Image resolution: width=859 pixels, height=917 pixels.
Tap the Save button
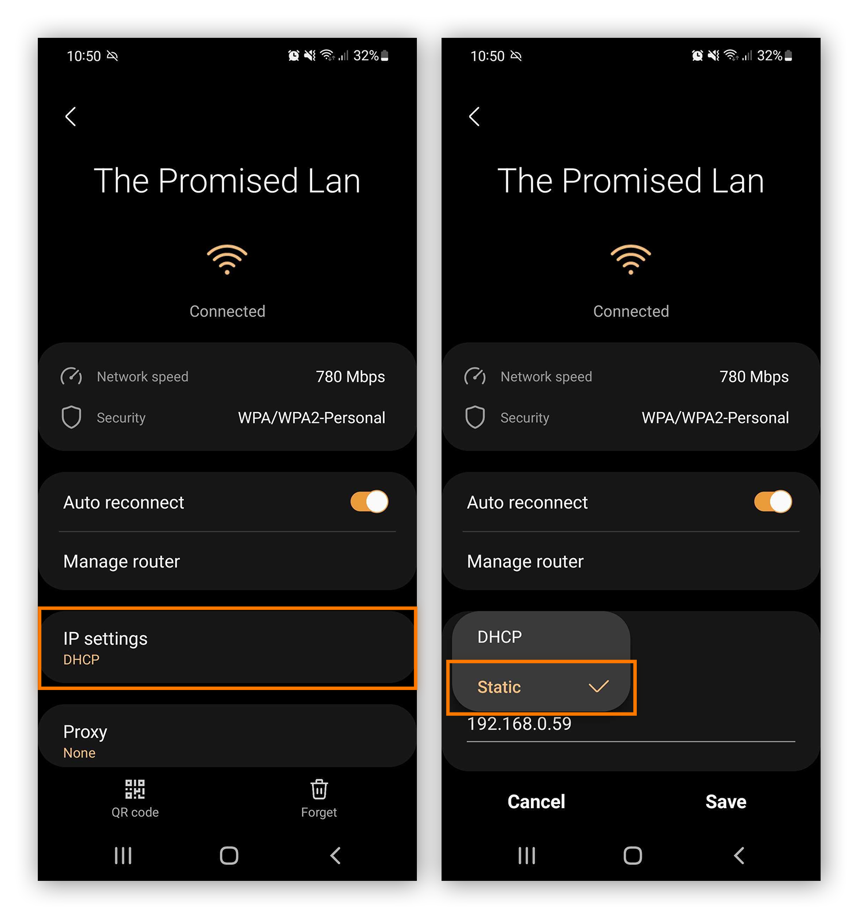pyautogui.click(x=726, y=801)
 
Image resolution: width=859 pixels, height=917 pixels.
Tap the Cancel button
pyautogui.click(x=536, y=801)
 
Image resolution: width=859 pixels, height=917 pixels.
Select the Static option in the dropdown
pyautogui.click(x=499, y=687)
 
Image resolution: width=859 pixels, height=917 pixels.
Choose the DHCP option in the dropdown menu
pyautogui.click(x=500, y=637)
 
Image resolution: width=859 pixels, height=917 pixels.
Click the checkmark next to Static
pyautogui.click(x=598, y=686)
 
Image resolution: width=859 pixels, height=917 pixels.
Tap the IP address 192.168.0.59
pyautogui.click(x=519, y=724)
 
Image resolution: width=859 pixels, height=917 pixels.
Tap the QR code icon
pyautogui.click(x=135, y=789)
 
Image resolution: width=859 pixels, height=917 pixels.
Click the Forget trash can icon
pyautogui.click(x=319, y=789)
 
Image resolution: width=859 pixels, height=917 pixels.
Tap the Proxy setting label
pyautogui.click(x=85, y=732)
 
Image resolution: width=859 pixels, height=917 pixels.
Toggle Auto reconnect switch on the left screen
pyautogui.click(x=369, y=501)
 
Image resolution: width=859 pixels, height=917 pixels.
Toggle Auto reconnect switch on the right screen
pyautogui.click(x=773, y=501)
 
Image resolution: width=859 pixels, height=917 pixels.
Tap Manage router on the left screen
pyautogui.click(x=122, y=561)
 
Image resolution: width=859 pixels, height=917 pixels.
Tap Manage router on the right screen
pyautogui.click(x=525, y=561)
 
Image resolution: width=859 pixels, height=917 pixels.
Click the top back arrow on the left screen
pyautogui.click(x=70, y=116)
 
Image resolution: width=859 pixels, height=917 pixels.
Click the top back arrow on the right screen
pyautogui.click(x=474, y=116)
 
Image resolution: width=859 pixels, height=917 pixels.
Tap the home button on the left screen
pyautogui.click(x=229, y=856)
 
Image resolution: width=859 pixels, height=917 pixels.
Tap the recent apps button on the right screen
pyautogui.click(x=527, y=856)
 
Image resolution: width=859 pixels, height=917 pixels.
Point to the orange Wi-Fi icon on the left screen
pyautogui.click(x=227, y=259)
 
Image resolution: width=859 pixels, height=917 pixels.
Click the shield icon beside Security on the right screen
pyautogui.click(x=475, y=417)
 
